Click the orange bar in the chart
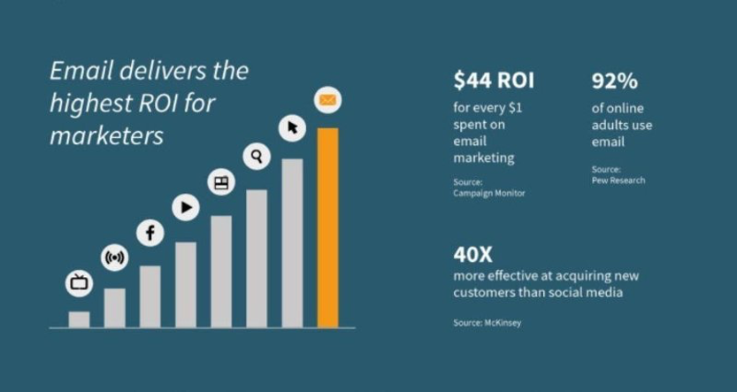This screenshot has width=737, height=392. point(327,227)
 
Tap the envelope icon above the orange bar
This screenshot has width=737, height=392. point(327,101)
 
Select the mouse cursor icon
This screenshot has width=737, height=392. point(292,128)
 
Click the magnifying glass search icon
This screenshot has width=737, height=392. point(257,157)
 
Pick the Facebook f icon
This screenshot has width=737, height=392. point(150,233)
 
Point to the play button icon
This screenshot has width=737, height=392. point(186,208)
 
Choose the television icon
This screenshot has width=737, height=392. point(80,283)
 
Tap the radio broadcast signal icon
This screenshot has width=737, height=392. point(115,258)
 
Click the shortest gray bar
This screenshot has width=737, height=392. point(80,319)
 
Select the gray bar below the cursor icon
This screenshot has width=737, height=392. point(292,242)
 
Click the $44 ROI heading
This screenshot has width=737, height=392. point(494,81)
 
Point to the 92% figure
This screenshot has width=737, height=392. point(614,81)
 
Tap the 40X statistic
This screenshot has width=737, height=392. point(472,255)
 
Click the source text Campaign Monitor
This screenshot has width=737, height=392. point(488,193)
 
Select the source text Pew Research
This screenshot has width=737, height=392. point(618,181)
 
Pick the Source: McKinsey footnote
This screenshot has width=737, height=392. point(487,323)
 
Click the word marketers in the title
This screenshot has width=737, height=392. point(106,136)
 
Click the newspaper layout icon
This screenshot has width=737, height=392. point(221,182)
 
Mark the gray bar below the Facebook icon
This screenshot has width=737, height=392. point(150,296)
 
